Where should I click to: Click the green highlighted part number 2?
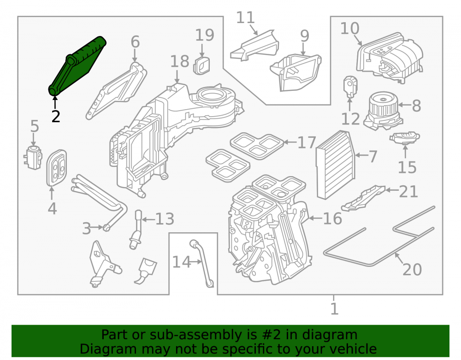pos(77,66)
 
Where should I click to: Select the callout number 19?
pos(205,35)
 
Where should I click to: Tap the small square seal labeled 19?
pos(202,65)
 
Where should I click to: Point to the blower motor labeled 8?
pos(384,110)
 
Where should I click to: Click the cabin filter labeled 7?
pos(336,165)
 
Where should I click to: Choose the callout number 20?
pos(412,269)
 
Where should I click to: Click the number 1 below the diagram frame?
pos(334,308)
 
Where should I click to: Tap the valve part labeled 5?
pos(33,157)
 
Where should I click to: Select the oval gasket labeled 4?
pos(57,168)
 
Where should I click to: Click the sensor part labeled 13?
pos(136,230)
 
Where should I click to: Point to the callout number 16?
pos(332,218)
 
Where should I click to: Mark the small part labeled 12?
pos(350,86)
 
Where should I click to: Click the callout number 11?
pos(245,18)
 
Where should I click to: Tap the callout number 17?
pos(307,142)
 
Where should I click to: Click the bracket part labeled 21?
pos(363,198)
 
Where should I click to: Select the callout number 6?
pos(135,42)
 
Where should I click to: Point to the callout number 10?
pos(349,29)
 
